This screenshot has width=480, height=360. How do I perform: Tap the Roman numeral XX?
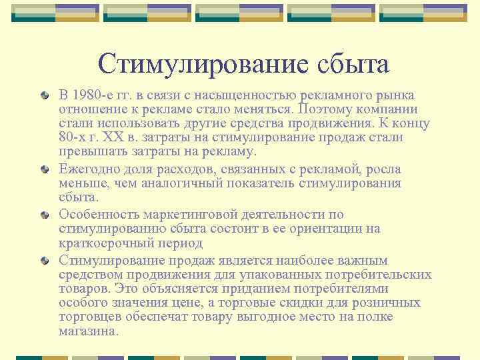(126, 137)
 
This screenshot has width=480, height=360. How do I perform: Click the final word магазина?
(88, 330)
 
